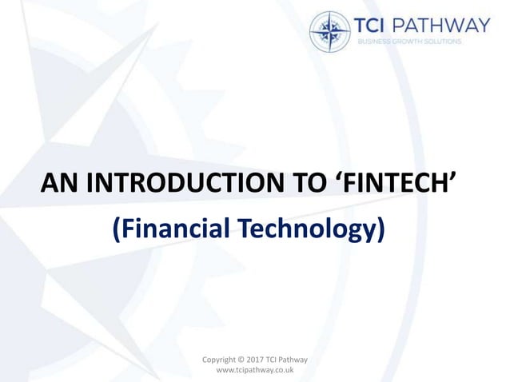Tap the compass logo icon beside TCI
coord(329,31)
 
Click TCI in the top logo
coord(379,26)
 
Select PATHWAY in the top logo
coord(449,26)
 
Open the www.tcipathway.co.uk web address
coord(256,372)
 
